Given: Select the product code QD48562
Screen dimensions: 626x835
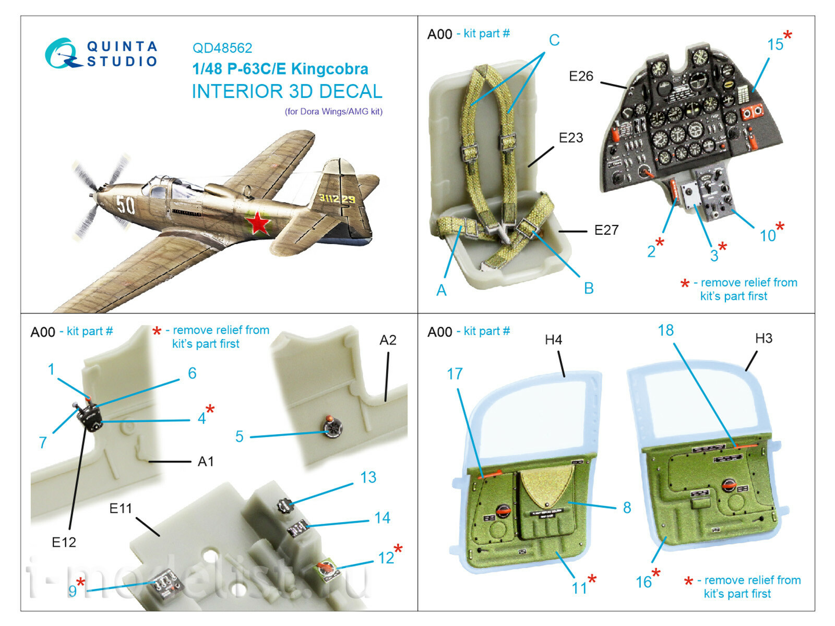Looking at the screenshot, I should pyautogui.click(x=222, y=48).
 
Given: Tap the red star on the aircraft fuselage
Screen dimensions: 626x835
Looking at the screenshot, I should pyautogui.click(x=258, y=223).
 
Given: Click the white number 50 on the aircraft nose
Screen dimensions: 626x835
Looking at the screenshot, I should pyautogui.click(x=125, y=205).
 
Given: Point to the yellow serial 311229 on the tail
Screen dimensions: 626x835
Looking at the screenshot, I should pyautogui.click(x=337, y=199).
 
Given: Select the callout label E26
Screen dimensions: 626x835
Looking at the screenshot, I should pyautogui.click(x=581, y=76).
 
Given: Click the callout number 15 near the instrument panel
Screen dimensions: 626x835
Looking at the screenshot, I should pyautogui.click(x=775, y=45).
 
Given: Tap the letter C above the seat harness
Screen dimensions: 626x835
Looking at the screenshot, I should pyautogui.click(x=554, y=40).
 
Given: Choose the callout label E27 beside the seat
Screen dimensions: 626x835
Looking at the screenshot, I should pyautogui.click(x=606, y=230).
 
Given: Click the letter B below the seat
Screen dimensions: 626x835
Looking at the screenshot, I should pyautogui.click(x=588, y=288).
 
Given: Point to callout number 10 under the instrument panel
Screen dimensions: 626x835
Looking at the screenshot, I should pyautogui.click(x=768, y=236).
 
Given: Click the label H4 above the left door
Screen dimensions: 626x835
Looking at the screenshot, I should pyautogui.click(x=553, y=340).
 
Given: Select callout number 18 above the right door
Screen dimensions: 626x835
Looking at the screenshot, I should pyautogui.click(x=665, y=330).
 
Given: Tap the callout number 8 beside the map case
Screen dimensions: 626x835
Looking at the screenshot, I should pyautogui.click(x=627, y=508).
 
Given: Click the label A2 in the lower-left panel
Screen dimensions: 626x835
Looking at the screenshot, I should pyautogui.click(x=388, y=340).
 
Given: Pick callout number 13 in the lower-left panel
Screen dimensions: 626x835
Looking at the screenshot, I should pyautogui.click(x=368, y=477).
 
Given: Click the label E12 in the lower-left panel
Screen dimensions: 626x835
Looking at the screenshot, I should pyautogui.click(x=64, y=543).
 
